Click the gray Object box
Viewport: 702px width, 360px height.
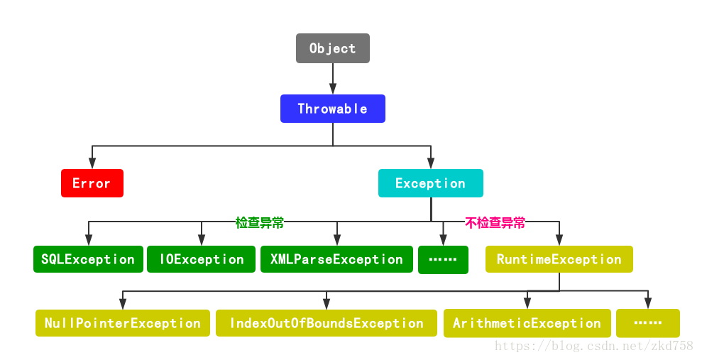coord(332,48)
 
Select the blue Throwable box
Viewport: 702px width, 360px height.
coord(332,109)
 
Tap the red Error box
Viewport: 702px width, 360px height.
coord(92,183)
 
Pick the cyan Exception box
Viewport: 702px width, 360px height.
coord(430,183)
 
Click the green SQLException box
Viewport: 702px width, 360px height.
coord(88,259)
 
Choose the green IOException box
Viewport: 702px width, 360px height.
coord(201,259)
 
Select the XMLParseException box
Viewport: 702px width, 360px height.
coord(336,259)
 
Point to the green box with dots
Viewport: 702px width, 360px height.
coord(443,260)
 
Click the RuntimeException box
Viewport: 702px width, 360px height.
coord(559,259)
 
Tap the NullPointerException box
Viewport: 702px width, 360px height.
coord(122,323)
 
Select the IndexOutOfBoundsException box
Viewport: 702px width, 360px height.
coord(326,323)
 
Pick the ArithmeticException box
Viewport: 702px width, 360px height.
coord(527,323)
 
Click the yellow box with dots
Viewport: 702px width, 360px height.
coord(647,323)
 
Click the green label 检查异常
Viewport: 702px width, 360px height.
coord(260,222)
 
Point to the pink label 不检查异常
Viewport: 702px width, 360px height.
coord(495,222)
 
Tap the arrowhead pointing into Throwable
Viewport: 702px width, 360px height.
coord(332,89)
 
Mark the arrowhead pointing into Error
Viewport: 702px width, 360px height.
coord(92,164)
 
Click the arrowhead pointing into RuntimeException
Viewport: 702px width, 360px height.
coord(559,241)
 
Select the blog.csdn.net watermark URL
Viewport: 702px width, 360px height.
coord(593,346)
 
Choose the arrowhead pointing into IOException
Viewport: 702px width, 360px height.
coord(201,241)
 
